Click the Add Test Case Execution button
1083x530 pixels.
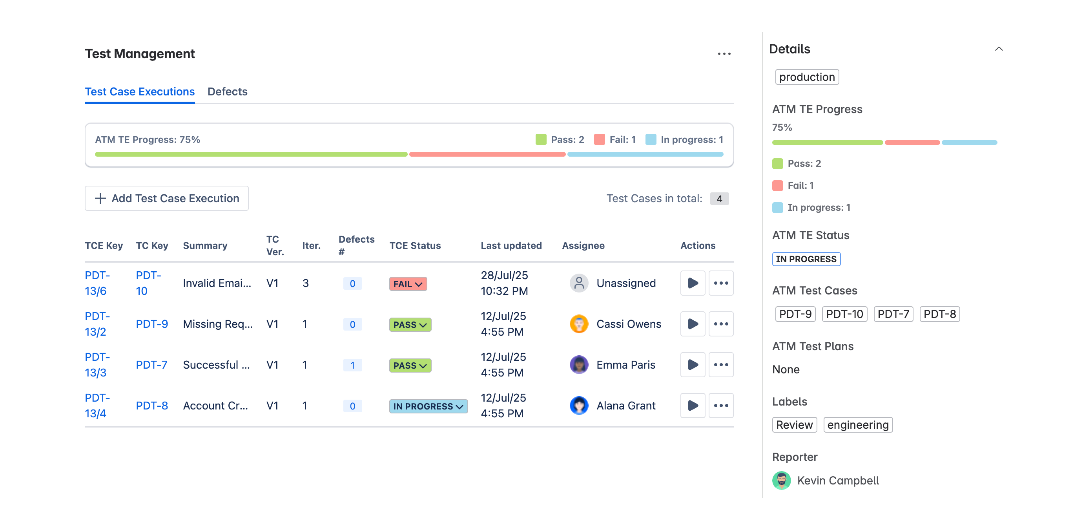coord(166,198)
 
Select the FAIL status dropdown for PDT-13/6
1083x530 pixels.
coord(407,283)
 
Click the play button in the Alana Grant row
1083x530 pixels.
coord(692,406)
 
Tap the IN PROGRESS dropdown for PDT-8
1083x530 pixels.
coord(428,406)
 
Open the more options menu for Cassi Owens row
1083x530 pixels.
coord(720,324)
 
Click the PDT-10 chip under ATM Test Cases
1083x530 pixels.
coord(844,314)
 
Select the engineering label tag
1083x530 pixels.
coord(857,424)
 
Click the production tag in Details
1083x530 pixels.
coord(806,77)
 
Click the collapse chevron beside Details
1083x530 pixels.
coord(999,49)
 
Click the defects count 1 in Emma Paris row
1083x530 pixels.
coord(352,365)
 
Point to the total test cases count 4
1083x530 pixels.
coord(719,199)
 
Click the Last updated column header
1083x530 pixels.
coord(511,245)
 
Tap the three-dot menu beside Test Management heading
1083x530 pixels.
coord(724,54)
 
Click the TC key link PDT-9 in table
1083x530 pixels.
coord(151,324)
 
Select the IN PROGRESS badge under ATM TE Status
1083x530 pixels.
coord(806,259)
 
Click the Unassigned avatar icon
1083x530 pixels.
coord(578,283)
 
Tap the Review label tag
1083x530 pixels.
coord(794,424)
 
